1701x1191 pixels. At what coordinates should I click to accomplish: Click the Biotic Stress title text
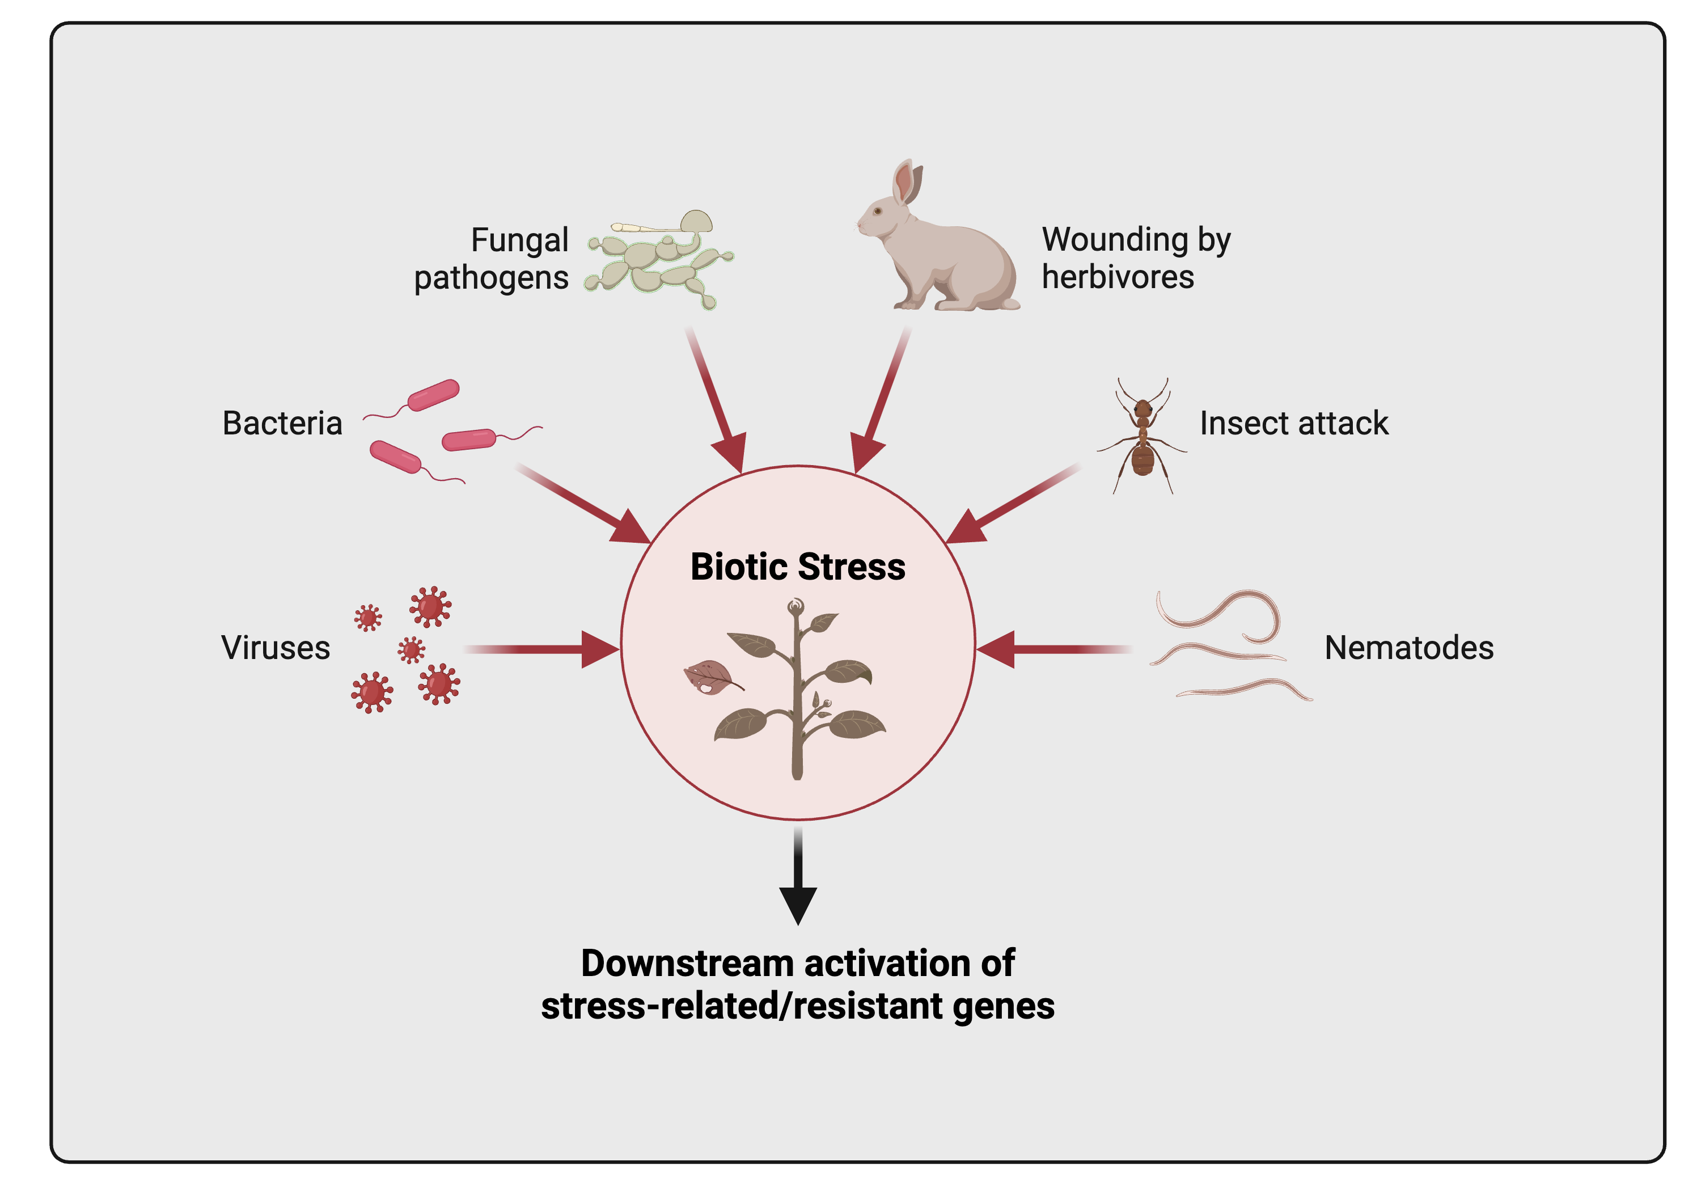(x=797, y=567)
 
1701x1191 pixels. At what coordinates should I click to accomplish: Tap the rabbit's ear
(x=904, y=182)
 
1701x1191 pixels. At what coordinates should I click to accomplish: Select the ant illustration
(x=1143, y=437)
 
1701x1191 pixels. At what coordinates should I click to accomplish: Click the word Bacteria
(x=282, y=423)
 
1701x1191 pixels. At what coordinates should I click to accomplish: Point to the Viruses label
(x=276, y=648)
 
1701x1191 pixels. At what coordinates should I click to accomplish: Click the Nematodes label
(x=1408, y=648)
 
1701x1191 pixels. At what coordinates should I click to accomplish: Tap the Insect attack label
(x=1293, y=423)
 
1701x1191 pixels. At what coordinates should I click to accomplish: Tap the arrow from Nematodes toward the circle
(x=1052, y=649)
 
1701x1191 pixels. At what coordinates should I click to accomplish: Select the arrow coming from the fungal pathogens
(x=715, y=400)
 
